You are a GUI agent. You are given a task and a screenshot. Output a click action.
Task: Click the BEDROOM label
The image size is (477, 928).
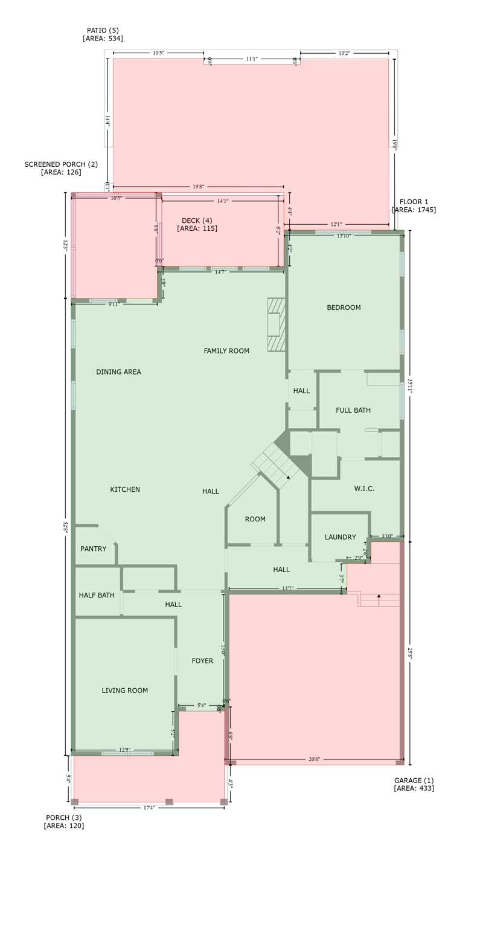(344, 308)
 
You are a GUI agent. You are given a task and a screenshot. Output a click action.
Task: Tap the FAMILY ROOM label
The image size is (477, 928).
(226, 351)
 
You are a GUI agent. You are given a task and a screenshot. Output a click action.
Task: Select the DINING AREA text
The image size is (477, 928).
(118, 372)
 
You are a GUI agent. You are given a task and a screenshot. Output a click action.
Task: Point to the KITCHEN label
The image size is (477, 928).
(125, 489)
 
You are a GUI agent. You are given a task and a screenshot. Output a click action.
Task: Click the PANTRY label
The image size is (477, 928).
(93, 549)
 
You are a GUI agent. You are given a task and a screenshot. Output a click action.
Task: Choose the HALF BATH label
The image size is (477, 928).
(97, 595)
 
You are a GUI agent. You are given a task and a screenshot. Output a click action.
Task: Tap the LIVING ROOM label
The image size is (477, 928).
(124, 691)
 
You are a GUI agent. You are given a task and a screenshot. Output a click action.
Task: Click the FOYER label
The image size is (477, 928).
(202, 661)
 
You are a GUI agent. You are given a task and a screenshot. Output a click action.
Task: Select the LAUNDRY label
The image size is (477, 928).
(340, 537)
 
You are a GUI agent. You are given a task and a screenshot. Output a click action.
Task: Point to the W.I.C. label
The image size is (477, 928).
(364, 489)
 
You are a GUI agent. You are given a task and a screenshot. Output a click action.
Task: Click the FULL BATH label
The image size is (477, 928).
(353, 410)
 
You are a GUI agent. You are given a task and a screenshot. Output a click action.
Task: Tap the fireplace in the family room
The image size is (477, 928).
(276, 324)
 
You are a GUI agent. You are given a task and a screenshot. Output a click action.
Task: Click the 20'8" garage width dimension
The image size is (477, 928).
(314, 759)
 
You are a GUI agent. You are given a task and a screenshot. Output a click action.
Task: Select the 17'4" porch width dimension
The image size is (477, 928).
(149, 808)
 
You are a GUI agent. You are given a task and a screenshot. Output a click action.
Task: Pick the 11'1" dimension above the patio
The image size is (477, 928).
(252, 59)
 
